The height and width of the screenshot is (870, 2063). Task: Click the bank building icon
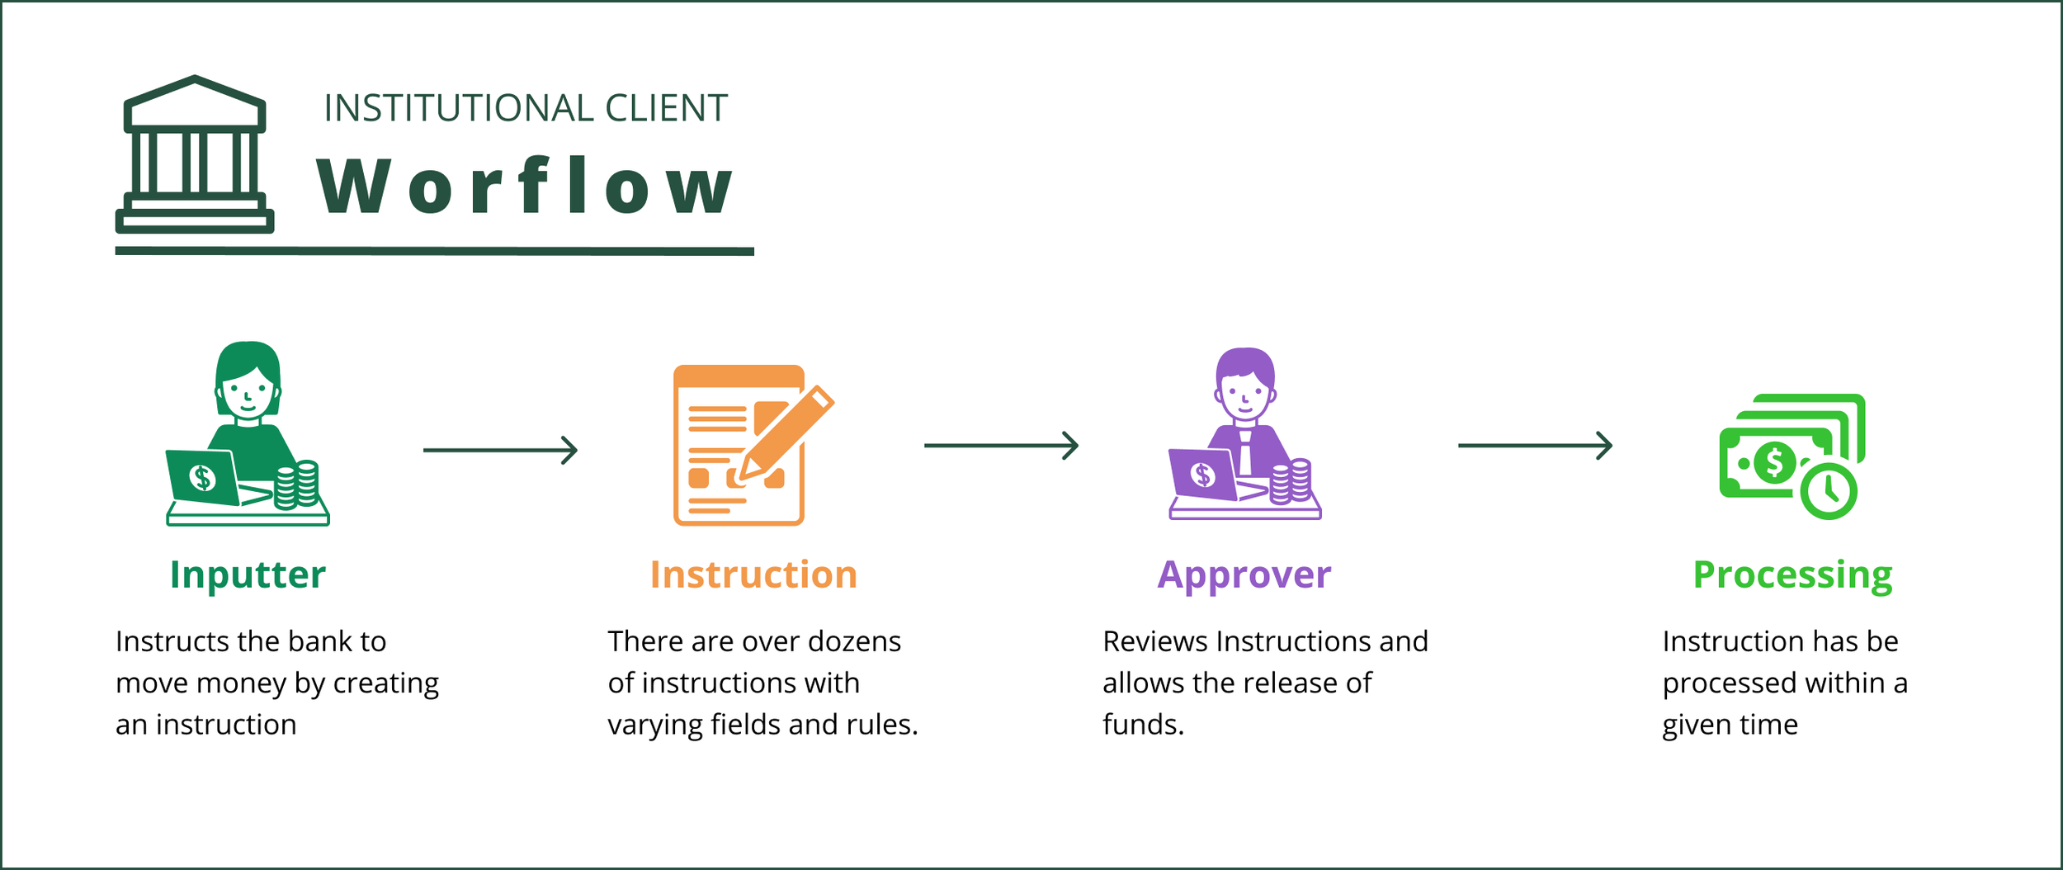195,155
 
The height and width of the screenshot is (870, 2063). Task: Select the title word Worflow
525,187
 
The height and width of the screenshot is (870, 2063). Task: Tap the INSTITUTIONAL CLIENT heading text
525,108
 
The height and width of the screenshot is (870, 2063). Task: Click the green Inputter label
248,574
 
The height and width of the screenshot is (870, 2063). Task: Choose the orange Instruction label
753,574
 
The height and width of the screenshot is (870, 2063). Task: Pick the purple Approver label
1244,574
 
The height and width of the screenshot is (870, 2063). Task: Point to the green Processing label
1792,574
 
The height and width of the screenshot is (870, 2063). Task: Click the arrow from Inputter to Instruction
500,450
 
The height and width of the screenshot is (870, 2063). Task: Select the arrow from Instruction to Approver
1001,446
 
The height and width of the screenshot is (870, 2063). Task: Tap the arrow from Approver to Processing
1535,446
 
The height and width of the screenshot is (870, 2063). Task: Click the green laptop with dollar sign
203,477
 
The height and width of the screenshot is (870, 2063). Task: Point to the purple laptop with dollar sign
1203,475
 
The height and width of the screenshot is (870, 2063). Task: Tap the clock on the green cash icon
1829,491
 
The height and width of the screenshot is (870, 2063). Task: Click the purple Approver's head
1244,384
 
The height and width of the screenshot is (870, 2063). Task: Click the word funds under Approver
1142,725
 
